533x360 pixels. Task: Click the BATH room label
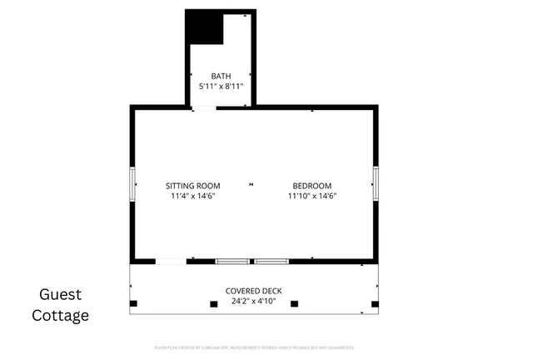221,77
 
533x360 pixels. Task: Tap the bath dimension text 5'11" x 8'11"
221,87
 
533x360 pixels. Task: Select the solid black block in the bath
204,28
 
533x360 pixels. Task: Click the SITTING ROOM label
192,186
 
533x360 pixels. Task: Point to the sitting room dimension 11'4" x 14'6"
192,197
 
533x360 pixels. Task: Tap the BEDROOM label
311,186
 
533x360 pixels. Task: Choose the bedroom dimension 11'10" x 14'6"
311,197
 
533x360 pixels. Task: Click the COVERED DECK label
254,291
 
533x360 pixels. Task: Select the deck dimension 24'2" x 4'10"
254,301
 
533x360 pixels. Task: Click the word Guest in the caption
60,294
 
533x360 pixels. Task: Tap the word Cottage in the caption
60,315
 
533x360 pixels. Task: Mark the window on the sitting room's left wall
130,183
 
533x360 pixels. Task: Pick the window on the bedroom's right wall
376,183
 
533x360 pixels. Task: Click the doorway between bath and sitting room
203,107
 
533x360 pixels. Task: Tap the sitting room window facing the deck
232,262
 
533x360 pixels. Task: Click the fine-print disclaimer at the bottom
254,347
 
